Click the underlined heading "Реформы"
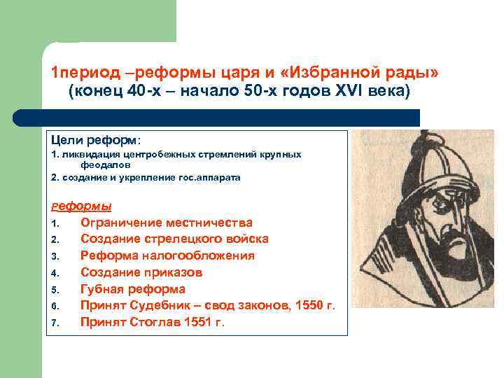click(x=81, y=206)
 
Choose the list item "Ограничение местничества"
click(x=167, y=223)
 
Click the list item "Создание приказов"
click(x=141, y=272)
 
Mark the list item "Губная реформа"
click(x=133, y=289)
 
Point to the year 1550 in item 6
click(x=311, y=305)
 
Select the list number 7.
click(x=54, y=323)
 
